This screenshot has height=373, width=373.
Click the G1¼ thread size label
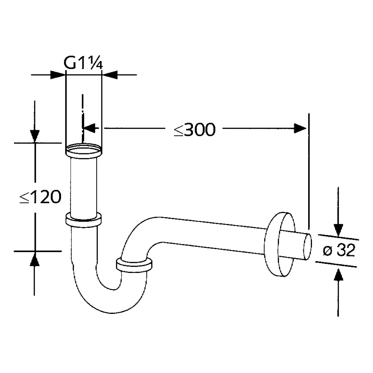pos(83,63)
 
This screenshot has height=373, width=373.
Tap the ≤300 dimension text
pos(195,130)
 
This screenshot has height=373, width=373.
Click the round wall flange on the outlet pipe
pos(279,244)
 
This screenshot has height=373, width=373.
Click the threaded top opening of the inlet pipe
pos(84,150)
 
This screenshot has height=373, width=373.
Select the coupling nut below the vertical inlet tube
pos(83,219)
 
